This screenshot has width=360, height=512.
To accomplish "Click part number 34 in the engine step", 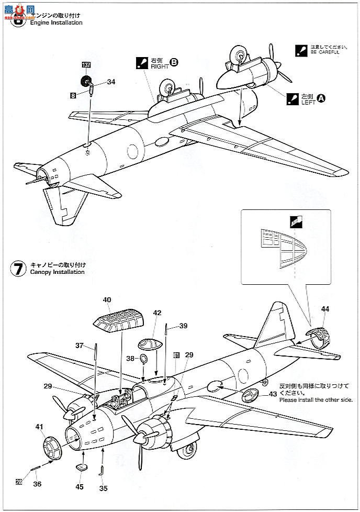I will tap(110, 82).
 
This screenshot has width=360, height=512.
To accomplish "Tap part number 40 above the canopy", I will tap(107, 300).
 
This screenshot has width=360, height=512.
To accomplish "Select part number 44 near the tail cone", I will tap(325, 309).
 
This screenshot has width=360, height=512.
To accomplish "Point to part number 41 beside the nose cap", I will tap(39, 427).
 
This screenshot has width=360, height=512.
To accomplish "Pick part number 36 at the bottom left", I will tap(37, 484).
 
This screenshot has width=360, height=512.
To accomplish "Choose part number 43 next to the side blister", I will tap(273, 394).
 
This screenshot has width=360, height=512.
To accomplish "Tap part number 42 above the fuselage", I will tap(157, 313).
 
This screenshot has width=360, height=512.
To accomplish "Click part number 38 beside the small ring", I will tap(130, 359).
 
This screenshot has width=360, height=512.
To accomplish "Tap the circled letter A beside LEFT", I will tap(322, 97).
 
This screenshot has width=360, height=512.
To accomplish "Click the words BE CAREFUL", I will tap(324, 52).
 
